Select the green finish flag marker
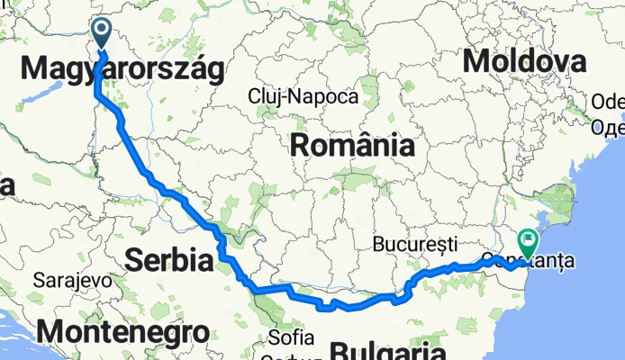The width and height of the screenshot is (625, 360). [528, 241]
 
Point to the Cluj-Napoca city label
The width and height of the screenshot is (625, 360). [303, 96]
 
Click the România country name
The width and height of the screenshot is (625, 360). [351, 145]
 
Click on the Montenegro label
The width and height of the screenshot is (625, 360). [123, 331]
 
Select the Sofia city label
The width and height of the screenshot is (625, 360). [292, 338]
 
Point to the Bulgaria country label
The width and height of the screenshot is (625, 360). [388, 350]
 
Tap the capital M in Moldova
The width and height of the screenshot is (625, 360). [475, 61]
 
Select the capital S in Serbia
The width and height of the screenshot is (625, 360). [134, 261]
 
